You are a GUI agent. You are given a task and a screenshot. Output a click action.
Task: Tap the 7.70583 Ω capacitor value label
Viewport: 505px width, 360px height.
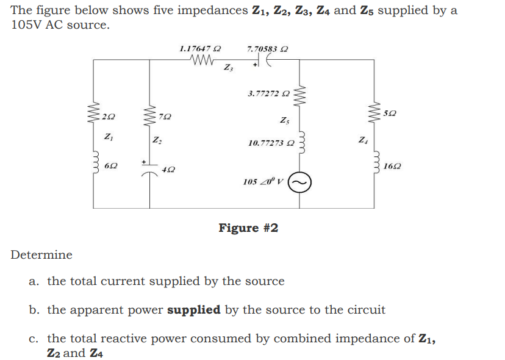pyautogui.click(x=267, y=48)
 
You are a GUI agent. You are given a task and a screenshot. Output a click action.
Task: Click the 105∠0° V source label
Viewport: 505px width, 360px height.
pyautogui.click(x=264, y=182)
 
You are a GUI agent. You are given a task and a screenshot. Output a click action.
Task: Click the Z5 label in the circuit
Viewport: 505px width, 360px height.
pyautogui.click(x=284, y=120)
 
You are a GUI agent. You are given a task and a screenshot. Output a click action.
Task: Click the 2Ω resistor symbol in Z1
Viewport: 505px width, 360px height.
pyautogui.click(x=94, y=115)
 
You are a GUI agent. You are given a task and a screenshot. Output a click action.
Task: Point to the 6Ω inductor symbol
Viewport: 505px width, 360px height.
pyautogui.click(x=94, y=163)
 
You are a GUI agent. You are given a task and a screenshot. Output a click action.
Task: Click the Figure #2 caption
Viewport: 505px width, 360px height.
pyautogui.click(x=248, y=228)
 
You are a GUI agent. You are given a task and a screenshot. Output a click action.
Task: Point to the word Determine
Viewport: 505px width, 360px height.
pyautogui.click(x=41, y=255)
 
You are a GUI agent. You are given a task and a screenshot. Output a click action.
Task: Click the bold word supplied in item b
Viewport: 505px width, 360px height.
pyautogui.click(x=193, y=309)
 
